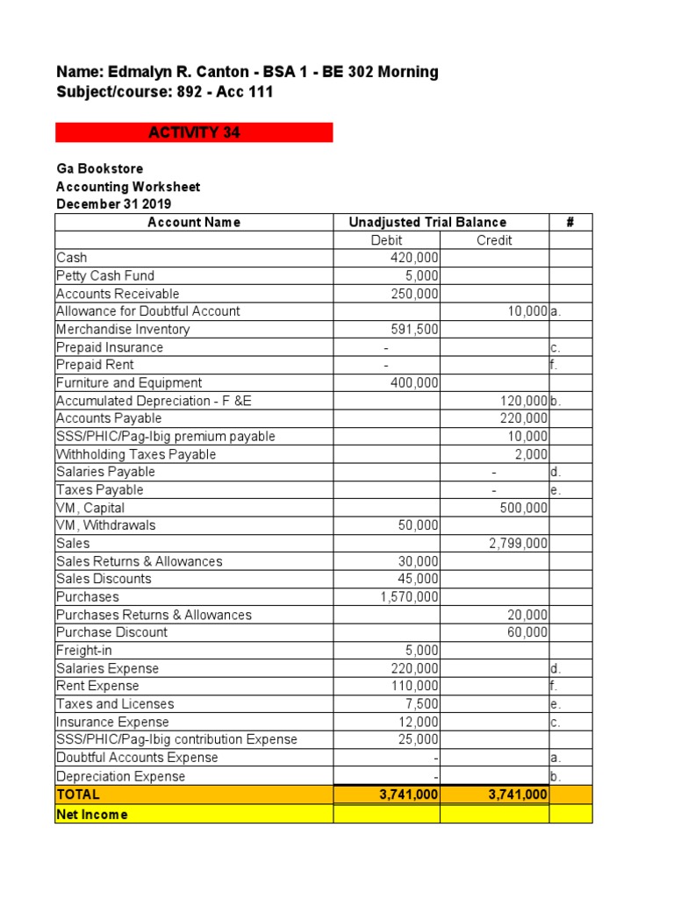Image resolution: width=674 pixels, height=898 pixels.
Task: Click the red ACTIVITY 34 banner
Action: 194,132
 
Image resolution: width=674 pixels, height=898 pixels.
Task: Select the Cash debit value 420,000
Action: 414,258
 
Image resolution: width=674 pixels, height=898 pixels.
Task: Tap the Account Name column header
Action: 194,222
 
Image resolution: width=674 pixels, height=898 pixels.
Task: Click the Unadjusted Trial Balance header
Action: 427,222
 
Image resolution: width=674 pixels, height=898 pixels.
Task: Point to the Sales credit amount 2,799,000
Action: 518,544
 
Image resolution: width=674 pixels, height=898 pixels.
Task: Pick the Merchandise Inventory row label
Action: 123,330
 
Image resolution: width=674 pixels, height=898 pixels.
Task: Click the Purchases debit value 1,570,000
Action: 409,597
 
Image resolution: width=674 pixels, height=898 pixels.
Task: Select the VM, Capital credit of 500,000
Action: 524,508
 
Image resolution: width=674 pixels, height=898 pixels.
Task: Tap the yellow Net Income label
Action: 92,815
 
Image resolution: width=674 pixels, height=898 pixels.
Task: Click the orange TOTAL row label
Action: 78,795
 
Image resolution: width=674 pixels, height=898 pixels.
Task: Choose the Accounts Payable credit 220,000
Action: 524,418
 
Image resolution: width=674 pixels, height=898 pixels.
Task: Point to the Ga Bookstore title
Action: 99,168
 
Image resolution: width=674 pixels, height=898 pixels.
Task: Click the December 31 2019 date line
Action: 114,204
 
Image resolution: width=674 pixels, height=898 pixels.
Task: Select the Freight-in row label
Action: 84,651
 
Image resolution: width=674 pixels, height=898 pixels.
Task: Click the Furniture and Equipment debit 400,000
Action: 414,383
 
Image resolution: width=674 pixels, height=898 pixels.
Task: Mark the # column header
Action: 570,222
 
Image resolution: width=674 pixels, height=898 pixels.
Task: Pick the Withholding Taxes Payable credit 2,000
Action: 531,454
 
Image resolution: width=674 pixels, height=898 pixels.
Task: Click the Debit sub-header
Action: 387,240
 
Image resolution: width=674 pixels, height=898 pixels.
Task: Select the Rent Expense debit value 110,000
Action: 414,686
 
